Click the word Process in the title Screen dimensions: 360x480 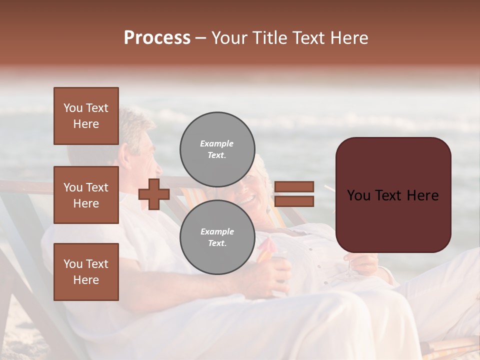coord(157,38)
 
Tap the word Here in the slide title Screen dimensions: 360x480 coord(349,38)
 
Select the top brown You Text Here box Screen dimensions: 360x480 coord(86,116)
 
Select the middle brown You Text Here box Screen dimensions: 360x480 coord(86,195)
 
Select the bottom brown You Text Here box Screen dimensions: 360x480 coord(86,272)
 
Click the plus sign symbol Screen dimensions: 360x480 coord(154,194)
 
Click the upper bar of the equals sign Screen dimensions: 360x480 coord(294,186)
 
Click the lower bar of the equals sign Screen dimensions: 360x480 coord(294,201)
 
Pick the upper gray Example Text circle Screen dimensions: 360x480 coord(217,149)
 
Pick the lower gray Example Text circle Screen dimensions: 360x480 coord(217,237)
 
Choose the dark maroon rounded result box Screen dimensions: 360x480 coord(393,194)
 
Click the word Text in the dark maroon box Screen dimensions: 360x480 coord(392,195)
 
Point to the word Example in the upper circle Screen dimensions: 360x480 coord(217,143)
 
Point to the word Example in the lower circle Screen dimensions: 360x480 coord(217,231)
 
